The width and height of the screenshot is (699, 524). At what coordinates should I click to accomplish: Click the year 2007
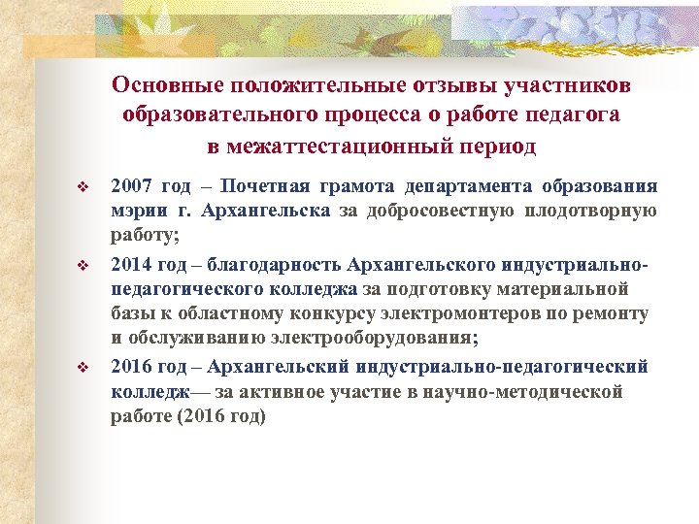[131, 186]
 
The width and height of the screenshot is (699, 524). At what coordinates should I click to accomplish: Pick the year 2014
[131, 265]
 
